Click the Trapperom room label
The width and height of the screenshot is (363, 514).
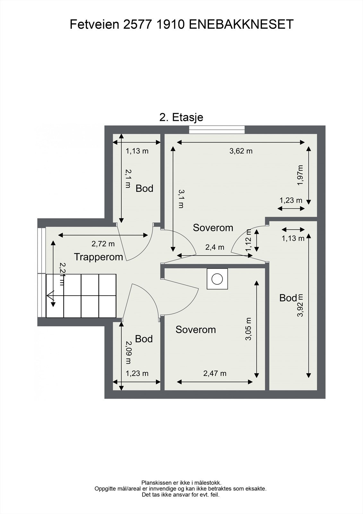(99, 257)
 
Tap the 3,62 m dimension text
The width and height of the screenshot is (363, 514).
(241, 151)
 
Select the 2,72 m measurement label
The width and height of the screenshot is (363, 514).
(103, 244)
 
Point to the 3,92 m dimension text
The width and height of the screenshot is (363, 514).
(300, 306)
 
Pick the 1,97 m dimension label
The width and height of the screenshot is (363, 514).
(300, 175)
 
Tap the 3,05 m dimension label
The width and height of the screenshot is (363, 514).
(248, 329)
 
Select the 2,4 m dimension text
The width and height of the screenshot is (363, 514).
(215, 247)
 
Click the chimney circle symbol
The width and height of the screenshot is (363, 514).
(217, 279)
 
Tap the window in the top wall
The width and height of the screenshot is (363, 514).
(217, 130)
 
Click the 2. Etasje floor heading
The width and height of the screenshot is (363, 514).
(181, 118)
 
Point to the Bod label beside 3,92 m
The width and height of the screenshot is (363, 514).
(288, 298)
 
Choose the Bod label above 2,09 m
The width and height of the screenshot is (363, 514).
(144, 339)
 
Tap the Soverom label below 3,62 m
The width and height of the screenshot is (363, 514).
(213, 228)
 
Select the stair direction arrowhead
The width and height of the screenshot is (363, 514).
(50, 296)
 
